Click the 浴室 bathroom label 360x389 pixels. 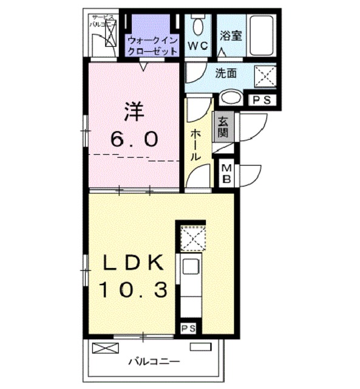pos(231,36)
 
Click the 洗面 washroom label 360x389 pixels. pos(226,74)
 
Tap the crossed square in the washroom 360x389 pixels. pos(264,78)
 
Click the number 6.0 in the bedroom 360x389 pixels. pos(134,139)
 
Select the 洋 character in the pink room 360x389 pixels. pos(135,111)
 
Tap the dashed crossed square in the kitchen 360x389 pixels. pos(194,238)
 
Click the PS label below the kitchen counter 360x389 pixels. pos(187,328)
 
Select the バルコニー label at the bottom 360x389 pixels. pos(153,362)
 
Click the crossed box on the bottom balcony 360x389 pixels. pos(103,348)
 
